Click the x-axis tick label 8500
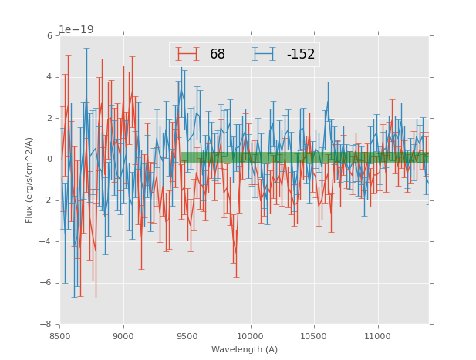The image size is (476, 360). (60, 336)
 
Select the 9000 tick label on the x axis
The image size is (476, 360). (123, 336)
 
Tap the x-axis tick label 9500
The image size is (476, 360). (187, 336)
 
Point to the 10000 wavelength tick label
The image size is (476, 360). (250, 336)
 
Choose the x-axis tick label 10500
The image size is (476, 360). (314, 336)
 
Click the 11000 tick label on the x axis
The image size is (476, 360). (377, 336)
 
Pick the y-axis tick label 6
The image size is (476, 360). (49, 36)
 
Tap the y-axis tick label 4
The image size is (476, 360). (49, 77)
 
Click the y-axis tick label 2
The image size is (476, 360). (49, 119)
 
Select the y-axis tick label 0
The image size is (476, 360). (49, 160)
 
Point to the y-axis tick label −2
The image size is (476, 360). (47, 201)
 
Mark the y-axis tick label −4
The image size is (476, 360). (47, 242)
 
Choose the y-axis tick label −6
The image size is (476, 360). (47, 283)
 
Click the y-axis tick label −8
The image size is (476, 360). (47, 325)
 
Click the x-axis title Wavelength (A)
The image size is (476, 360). (245, 350)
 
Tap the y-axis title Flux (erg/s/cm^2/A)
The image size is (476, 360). (29, 180)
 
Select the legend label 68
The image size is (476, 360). (218, 55)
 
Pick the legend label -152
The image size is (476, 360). (300, 55)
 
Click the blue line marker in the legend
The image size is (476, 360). (265, 54)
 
